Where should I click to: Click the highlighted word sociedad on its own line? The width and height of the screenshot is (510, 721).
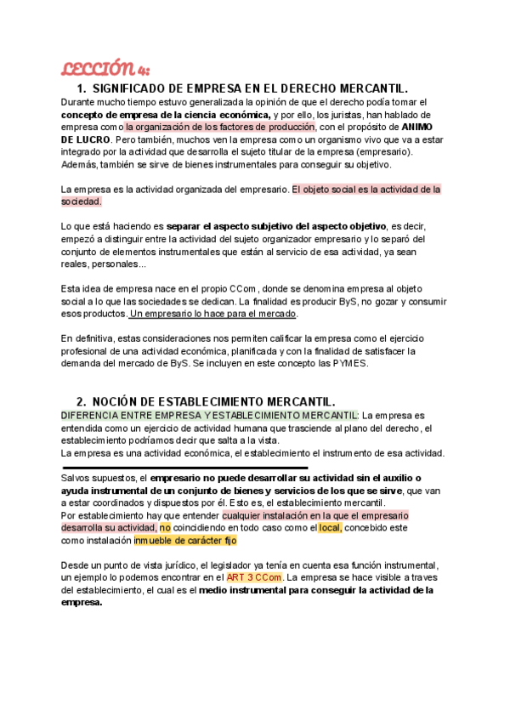pyautogui.click(x=82, y=202)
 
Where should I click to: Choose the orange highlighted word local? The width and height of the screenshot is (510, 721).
pyautogui.click(x=329, y=527)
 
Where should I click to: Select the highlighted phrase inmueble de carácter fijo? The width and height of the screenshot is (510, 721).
pyautogui.click(x=185, y=540)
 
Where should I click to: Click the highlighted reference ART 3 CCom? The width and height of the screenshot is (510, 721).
pyautogui.click(x=253, y=578)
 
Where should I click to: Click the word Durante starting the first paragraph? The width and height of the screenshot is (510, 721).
pyautogui.click(x=82, y=102)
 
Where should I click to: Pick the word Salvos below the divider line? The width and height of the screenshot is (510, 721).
pyautogui.click(x=78, y=479)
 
